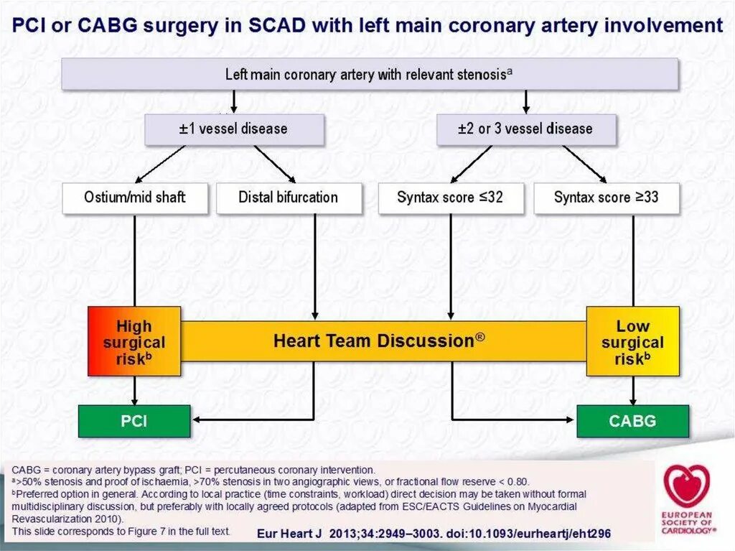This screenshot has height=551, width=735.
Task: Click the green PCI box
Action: [134, 421]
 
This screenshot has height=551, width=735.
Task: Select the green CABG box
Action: [632, 421]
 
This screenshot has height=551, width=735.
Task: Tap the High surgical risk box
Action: [134, 341]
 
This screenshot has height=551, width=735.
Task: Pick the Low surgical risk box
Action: [632, 341]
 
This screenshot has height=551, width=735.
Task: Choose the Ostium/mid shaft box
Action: [135, 197]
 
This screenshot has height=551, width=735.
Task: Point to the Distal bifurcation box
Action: [289, 197]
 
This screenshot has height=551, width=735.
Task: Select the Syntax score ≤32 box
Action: [450, 197]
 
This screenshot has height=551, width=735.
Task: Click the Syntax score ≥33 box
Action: [606, 197]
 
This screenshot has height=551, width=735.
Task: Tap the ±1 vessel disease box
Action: [234, 129]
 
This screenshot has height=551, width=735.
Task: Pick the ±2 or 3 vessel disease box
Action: [525, 129]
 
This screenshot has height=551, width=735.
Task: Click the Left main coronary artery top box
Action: [370, 74]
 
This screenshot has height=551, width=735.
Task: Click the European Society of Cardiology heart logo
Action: [687, 486]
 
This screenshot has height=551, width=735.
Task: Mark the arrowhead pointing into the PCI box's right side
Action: [196, 420]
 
